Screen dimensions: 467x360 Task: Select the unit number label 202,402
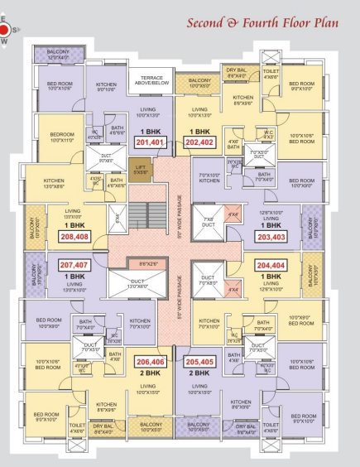click(x=199, y=142)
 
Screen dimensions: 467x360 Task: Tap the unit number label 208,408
click(x=75, y=236)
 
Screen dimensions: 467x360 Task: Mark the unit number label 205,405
click(x=199, y=362)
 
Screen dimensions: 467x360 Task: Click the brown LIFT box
click(x=141, y=171)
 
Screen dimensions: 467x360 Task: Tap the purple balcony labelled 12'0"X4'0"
click(x=56, y=55)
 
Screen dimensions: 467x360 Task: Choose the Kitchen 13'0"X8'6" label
click(x=53, y=185)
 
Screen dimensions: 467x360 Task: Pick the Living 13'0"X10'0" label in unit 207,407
click(x=74, y=286)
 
